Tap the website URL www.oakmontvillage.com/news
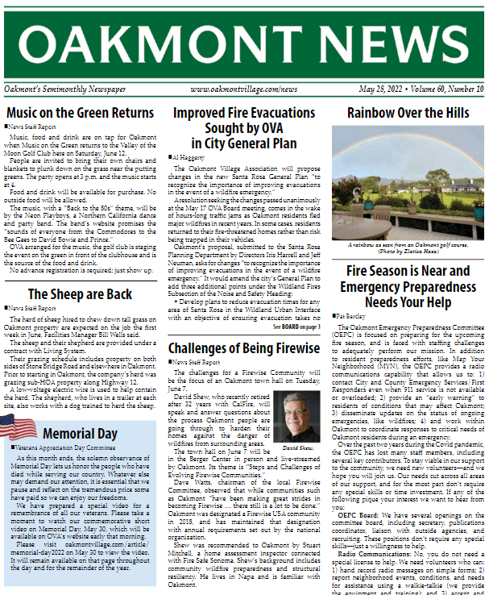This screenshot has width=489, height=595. [243, 89]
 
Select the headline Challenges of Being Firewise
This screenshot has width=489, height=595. [244, 348]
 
